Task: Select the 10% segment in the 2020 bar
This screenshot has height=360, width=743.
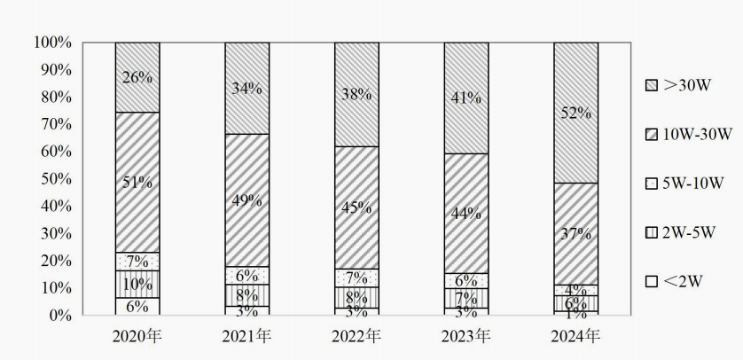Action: point(137,284)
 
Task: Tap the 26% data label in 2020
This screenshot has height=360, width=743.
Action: point(137,77)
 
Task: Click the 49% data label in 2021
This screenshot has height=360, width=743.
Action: point(246,200)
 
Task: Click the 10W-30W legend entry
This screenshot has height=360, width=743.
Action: point(688,134)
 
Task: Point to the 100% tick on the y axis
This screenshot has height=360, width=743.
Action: point(52,43)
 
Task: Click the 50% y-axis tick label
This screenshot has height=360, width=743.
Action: point(56,179)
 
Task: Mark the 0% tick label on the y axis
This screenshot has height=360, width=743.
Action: point(59,316)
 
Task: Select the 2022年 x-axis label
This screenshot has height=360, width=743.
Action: point(356,337)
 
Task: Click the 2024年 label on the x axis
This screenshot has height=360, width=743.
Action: point(575,337)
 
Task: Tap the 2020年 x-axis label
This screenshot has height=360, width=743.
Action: point(137,337)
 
